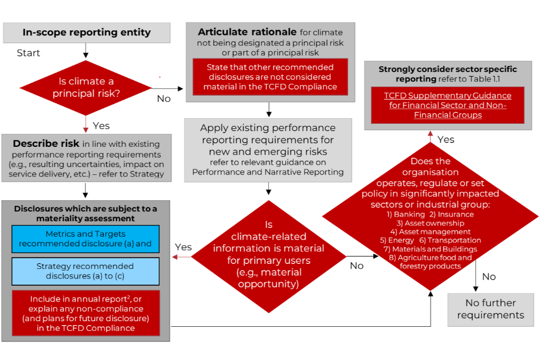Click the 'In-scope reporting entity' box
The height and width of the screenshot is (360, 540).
click(x=87, y=33)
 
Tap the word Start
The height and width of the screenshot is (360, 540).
click(x=28, y=53)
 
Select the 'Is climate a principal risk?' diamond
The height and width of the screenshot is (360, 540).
click(x=86, y=87)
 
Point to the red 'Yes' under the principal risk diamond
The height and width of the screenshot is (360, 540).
click(x=101, y=125)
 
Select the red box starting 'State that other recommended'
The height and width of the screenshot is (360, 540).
click(x=270, y=77)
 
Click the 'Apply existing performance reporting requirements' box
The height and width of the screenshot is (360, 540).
click(x=268, y=150)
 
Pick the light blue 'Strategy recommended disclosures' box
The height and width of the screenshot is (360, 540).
click(x=86, y=272)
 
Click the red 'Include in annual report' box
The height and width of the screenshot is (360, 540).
click(x=86, y=313)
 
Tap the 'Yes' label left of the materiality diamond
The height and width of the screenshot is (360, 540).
click(x=183, y=247)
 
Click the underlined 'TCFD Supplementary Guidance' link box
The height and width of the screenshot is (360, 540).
click(x=448, y=105)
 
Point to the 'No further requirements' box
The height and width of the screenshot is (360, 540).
click(x=490, y=309)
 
